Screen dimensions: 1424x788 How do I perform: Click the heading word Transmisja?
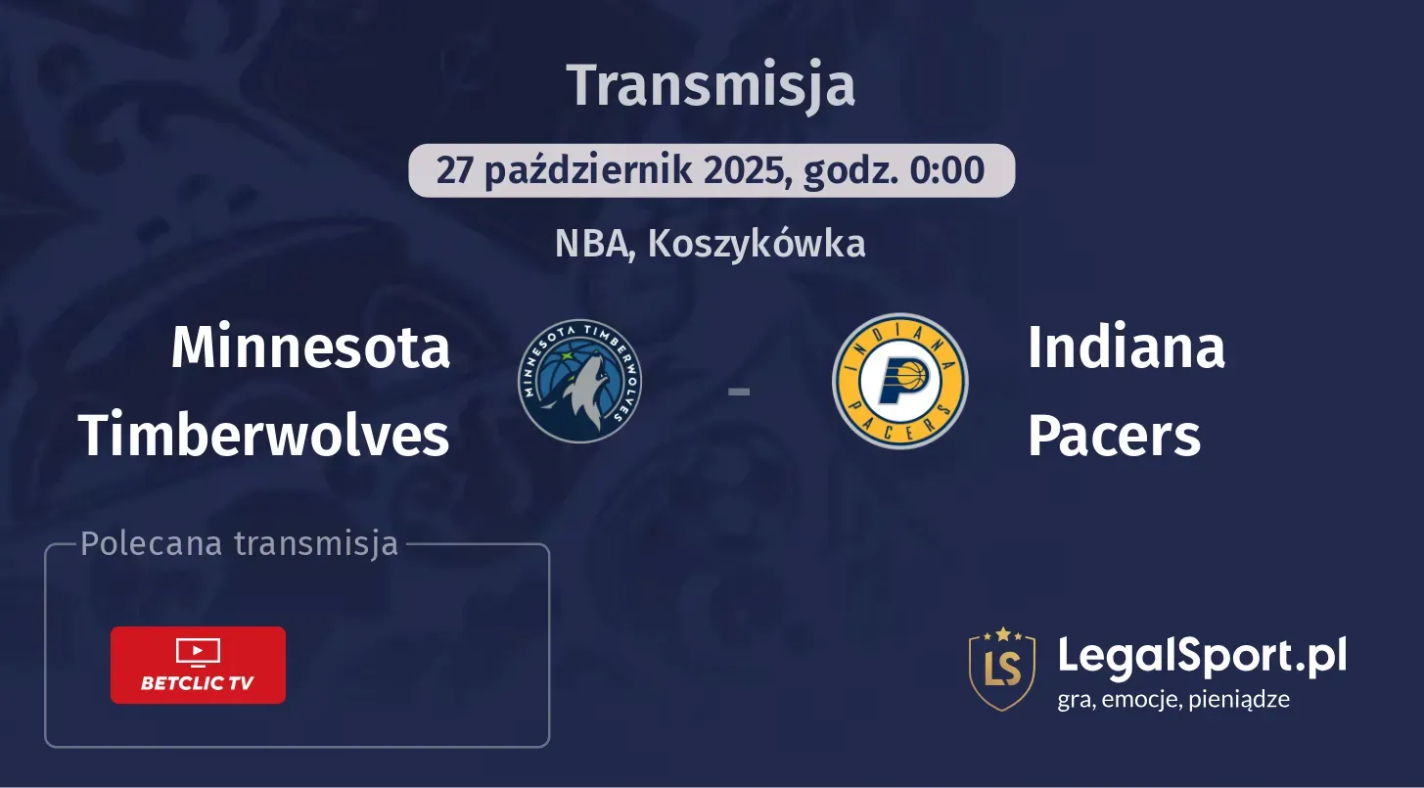(711, 86)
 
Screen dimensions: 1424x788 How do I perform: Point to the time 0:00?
(947, 169)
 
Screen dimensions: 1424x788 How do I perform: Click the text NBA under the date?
(592, 244)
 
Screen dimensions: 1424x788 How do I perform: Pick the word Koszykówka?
(757, 244)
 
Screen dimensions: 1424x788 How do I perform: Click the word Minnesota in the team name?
(311, 348)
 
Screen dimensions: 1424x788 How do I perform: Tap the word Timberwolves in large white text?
(264, 435)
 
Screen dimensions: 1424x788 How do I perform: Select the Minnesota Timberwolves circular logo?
(579, 381)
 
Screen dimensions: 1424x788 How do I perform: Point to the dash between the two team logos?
(739, 392)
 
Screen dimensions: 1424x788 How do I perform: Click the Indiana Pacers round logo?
(900, 381)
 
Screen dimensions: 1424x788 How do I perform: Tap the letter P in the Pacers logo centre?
(901, 382)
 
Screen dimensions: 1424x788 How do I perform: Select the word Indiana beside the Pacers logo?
(1126, 348)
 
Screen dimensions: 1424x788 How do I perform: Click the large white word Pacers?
(1115, 436)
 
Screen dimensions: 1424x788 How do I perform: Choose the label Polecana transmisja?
(239, 544)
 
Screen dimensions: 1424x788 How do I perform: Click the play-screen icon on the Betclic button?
(198, 653)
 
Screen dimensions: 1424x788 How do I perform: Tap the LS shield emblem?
(1002, 669)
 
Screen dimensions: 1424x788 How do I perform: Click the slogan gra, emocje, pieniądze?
(1173, 700)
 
